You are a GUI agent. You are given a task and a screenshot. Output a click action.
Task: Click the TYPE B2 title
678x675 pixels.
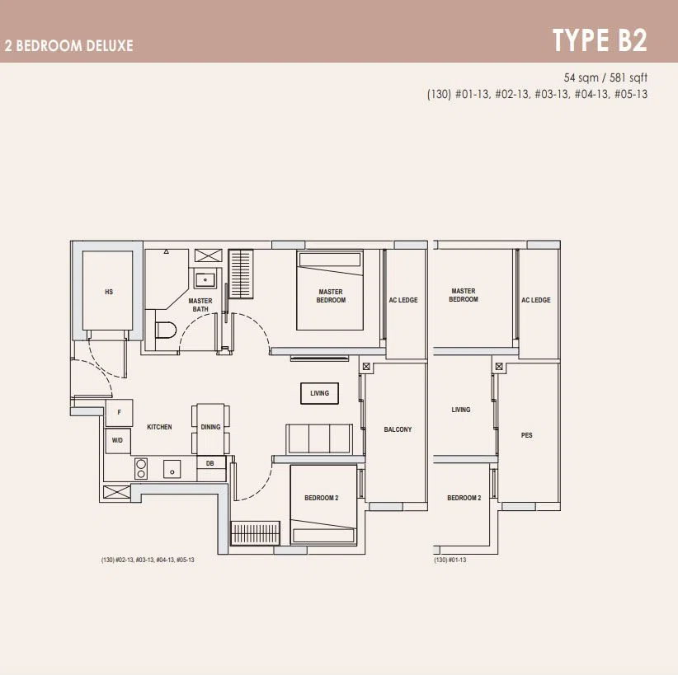pyautogui.click(x=600, y=40)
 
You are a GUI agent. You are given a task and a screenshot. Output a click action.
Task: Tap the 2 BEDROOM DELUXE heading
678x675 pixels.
pyautogui.click(x=69, y=46)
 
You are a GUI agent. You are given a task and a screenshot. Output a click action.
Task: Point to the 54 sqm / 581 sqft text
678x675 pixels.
pyautogui.click(x=605, y=77)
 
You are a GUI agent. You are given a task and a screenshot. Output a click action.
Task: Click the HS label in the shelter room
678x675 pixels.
pyautogui.click(x=109, y=292)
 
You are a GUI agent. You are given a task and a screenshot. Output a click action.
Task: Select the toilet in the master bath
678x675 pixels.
pyautogui.click(x=166, y=330)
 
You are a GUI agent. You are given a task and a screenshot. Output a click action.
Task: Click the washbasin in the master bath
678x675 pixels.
pyautogui.click(x=205, y=279)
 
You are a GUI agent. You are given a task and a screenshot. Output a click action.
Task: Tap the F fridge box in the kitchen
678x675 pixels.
pyautogui.click(x=120, y=413)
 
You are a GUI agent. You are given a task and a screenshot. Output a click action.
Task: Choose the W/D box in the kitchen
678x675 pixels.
pyautogui.click(x=118, y=441)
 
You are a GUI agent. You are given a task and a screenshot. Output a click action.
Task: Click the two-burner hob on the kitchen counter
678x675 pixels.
pyautogui.click(x=141, y=469)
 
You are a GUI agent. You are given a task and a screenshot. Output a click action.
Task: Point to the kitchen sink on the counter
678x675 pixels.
pyautogui.click(x=172, y=469)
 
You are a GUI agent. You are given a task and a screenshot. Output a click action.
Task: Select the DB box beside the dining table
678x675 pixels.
pyautogui.click(x=211, y=463)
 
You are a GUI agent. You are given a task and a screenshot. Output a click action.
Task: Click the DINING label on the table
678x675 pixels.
pyautogui.click(x=210, y=427)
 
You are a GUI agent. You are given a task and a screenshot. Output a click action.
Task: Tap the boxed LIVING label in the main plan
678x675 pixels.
pyautogui.click(x=319, y=393)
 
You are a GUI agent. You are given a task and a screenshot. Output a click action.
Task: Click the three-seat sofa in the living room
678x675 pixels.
pyautogui.click(x=319, y=438)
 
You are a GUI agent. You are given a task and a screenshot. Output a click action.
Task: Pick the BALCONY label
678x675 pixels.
pyautogui.click(x=398, y=429)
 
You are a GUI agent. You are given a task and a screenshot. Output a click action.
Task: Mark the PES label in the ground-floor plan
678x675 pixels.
pyautogui.click(x=527, y=435)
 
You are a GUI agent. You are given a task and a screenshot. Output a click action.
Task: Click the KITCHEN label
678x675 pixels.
pyautogui.click(x=159, y=427)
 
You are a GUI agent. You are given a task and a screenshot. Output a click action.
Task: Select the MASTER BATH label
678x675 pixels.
pyautogui.click(x=200, y=305)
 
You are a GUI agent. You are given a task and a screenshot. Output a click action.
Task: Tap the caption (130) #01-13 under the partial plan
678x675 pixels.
pyautogui.click(x=450, y=560)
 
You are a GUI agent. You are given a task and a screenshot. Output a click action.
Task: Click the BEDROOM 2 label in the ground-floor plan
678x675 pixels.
pyautogui.click(x=464, y=498)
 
